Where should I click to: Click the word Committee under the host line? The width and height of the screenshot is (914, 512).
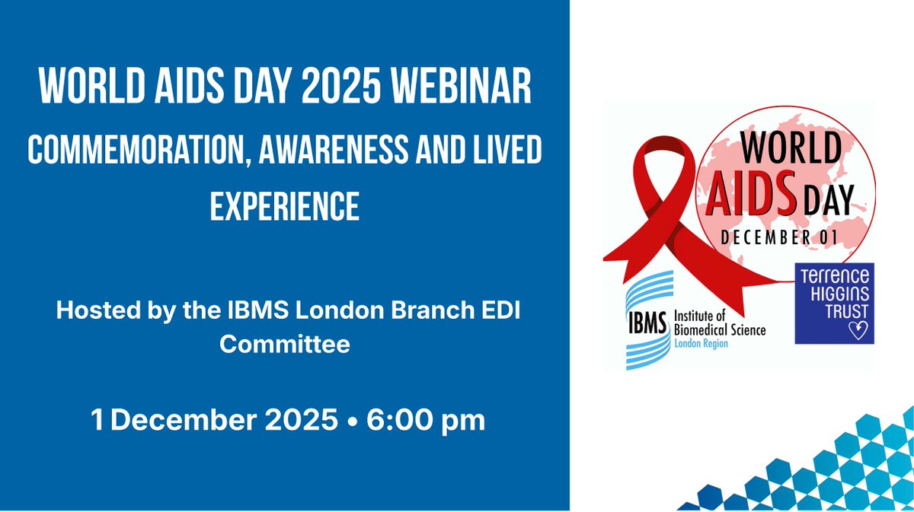click(x=285, y=344)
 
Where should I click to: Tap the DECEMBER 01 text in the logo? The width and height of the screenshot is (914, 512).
click(x=778, y=237)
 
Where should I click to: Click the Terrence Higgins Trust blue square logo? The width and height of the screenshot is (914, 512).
click(x=834, y=303)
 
